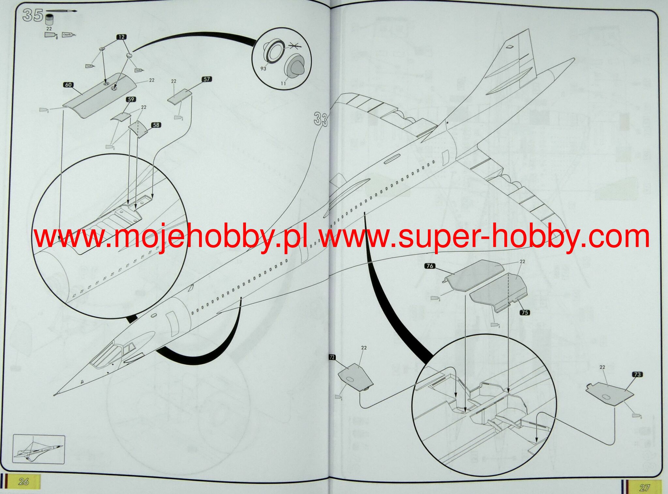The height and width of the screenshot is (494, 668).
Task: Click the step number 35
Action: [x=33, y=15]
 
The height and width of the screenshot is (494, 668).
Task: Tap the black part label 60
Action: [x=68, y=85]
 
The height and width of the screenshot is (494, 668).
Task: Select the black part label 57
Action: [x=207, y=79]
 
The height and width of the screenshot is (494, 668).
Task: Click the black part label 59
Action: [x=131, y=99]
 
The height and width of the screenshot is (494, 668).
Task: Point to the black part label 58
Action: [x=156, y=125]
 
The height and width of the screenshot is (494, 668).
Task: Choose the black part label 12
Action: [x=121, y=37]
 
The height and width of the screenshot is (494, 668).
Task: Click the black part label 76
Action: [x=430, y=266]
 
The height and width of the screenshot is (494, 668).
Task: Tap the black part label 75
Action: [x=524, y=313]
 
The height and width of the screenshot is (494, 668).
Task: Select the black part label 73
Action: [x=637, y=375]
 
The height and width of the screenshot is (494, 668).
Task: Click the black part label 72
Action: [x=332, y=357]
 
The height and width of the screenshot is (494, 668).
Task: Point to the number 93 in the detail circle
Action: [x=263, y=69]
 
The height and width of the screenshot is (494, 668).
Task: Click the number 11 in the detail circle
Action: [x=283, y=84]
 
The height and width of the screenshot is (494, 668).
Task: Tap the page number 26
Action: [x=24, y=481]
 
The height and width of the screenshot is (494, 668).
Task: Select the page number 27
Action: [x=644, y=487]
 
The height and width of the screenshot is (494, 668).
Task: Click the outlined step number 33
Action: [x=321, y=119]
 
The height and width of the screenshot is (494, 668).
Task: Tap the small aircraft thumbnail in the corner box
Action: [x=38, y=449]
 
